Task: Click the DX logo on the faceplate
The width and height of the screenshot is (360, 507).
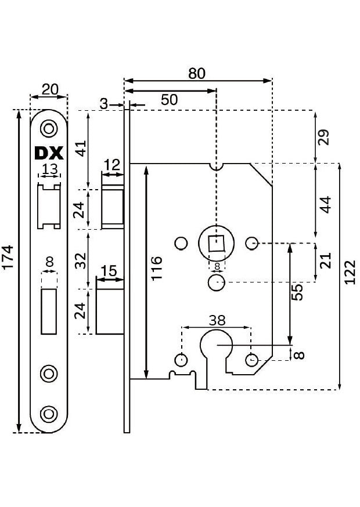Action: click(49, 153)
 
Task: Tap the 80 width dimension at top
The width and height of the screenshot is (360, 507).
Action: click(197, 74)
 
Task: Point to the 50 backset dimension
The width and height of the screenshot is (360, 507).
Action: click(169, 99)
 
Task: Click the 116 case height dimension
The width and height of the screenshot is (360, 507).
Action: click(157, 269)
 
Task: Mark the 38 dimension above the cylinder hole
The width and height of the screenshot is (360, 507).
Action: click(217, 320)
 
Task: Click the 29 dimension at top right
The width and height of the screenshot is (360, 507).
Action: click(325, 137)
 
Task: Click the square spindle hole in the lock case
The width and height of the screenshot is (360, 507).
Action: click(216, 243)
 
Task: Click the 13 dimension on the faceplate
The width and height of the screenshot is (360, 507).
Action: click(50, 169)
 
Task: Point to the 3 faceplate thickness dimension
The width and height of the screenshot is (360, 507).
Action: click(104, 104)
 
